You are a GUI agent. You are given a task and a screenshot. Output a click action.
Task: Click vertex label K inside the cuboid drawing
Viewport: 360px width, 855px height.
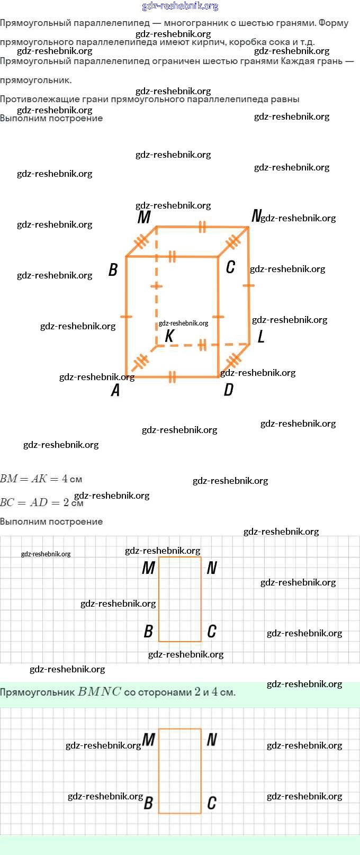169,336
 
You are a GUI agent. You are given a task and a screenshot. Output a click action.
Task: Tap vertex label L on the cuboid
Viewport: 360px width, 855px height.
260,337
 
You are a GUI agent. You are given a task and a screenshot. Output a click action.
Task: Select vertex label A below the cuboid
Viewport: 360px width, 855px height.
115,390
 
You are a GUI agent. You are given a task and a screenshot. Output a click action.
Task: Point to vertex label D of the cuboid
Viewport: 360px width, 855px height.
228,390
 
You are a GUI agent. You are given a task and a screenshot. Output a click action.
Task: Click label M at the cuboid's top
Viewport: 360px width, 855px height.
144,217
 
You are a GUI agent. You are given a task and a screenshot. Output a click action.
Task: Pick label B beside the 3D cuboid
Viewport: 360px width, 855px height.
113,270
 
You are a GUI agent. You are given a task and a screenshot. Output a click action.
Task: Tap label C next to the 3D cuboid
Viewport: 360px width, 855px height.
230,267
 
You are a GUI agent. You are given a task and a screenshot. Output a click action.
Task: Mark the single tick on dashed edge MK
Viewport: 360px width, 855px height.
156,286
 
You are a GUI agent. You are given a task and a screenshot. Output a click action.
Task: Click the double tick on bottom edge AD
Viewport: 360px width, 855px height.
172,377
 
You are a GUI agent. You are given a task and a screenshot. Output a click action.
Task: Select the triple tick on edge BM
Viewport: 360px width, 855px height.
141,241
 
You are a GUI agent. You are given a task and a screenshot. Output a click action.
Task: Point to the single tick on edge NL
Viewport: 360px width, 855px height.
248,286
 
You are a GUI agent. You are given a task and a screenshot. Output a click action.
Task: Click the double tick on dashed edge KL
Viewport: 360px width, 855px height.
202,346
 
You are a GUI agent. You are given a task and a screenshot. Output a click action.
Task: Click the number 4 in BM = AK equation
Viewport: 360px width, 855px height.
65,479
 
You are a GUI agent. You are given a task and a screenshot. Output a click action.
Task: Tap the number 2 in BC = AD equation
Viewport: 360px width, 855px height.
66,502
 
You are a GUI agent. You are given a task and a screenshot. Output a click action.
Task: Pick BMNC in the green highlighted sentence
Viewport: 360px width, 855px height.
100,691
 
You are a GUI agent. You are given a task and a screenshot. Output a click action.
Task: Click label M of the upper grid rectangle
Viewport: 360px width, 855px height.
148,568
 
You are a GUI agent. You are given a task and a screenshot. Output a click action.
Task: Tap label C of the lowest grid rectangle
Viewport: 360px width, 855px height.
212,803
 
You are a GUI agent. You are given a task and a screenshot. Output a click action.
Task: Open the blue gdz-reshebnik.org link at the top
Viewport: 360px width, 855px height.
180,6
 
